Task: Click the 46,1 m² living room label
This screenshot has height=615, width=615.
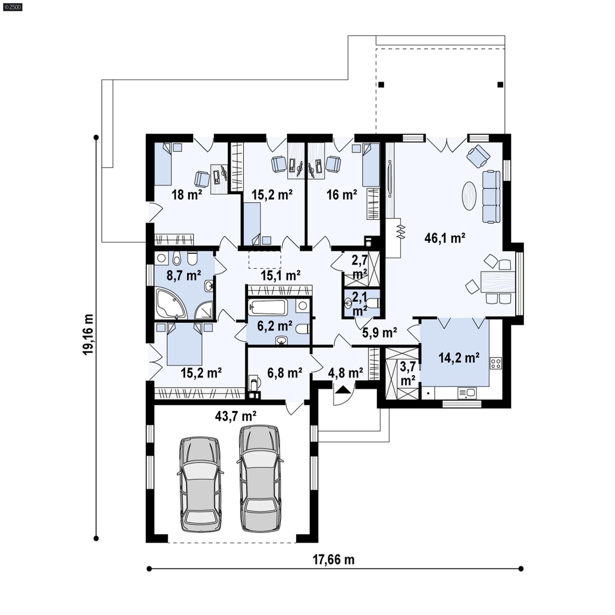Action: [445, 238]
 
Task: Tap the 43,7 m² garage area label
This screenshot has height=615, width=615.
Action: [236, 416]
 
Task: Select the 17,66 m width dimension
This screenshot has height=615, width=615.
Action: [333, 559]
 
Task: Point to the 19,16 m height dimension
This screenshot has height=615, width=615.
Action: [88, 334]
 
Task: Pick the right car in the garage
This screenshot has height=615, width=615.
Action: [260, 479]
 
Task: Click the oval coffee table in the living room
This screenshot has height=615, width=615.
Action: [469, 196]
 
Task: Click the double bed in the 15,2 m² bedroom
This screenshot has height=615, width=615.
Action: [184, 344]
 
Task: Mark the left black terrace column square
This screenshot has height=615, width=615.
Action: [381, 85]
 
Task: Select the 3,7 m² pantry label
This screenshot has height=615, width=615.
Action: [407, 373]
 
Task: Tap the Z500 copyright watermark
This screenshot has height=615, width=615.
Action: [12, 7]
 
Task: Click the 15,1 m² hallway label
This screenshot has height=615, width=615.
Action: [280, 275]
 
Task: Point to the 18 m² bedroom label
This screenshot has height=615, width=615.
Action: [186, 195]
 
